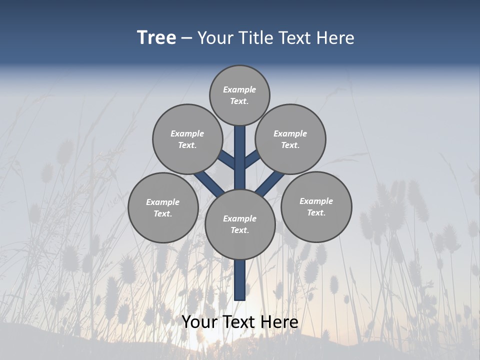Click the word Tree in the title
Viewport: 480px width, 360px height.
[x=156, y=38]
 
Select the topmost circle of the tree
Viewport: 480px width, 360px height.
[x=239, y=95]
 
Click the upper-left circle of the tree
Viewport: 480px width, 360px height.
[x=187, y=139]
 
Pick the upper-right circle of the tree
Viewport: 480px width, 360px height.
[x=290, y=139]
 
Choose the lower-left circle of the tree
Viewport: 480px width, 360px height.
[x=163, y=207]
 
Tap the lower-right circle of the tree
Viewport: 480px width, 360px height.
[x=316, y=206]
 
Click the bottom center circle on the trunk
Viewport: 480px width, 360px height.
[x=240, y=224]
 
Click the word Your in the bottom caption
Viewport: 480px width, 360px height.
[x=199, y=322]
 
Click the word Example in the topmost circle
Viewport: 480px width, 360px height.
[x=239, y=89]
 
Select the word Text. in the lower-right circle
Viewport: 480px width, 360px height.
[x=316, y=212]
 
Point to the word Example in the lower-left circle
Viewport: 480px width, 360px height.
[x=163, y=202]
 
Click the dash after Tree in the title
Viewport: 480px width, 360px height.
[x=186, y=38]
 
